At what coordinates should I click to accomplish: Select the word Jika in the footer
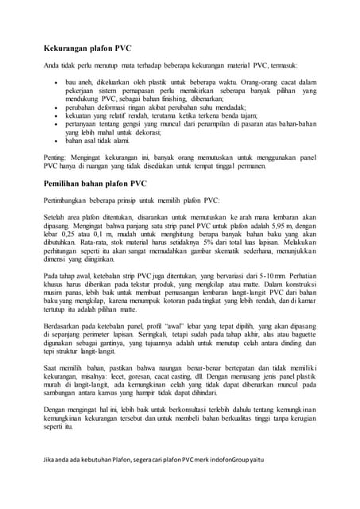pyautogui.click(x=50, y=484)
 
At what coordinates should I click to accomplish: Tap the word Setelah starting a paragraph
pyautogui.click(x=56, y=216)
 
